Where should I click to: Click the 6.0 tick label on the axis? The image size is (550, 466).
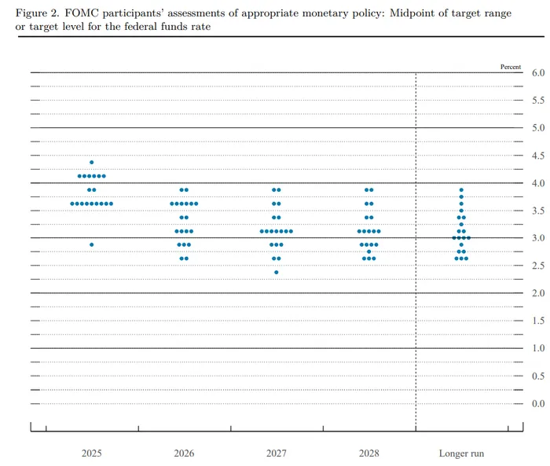[538, 73]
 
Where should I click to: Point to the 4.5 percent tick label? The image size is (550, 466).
[538, 156]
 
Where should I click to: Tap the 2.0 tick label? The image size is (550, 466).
[538, 293]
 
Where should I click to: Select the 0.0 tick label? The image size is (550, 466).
[538, 403]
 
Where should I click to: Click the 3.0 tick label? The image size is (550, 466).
[538, 238]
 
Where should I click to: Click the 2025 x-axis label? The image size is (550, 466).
[91, 453]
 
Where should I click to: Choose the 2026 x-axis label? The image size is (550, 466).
[184, 453]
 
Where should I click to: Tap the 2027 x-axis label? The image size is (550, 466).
[277, 453]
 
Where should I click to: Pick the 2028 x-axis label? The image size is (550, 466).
[368, 453]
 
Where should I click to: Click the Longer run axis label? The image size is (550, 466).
[461, 453]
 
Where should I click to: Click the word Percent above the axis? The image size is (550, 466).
[511, 67]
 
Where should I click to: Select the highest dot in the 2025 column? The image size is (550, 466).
[91, 162]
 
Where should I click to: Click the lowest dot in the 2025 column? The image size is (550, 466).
[91, 244]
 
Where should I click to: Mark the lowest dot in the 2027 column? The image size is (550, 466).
[277, 272]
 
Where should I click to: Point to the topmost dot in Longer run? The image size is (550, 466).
[461, 189]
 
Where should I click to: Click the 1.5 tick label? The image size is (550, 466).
[538, 321]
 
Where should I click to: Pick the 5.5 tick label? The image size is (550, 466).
[538, 101]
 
